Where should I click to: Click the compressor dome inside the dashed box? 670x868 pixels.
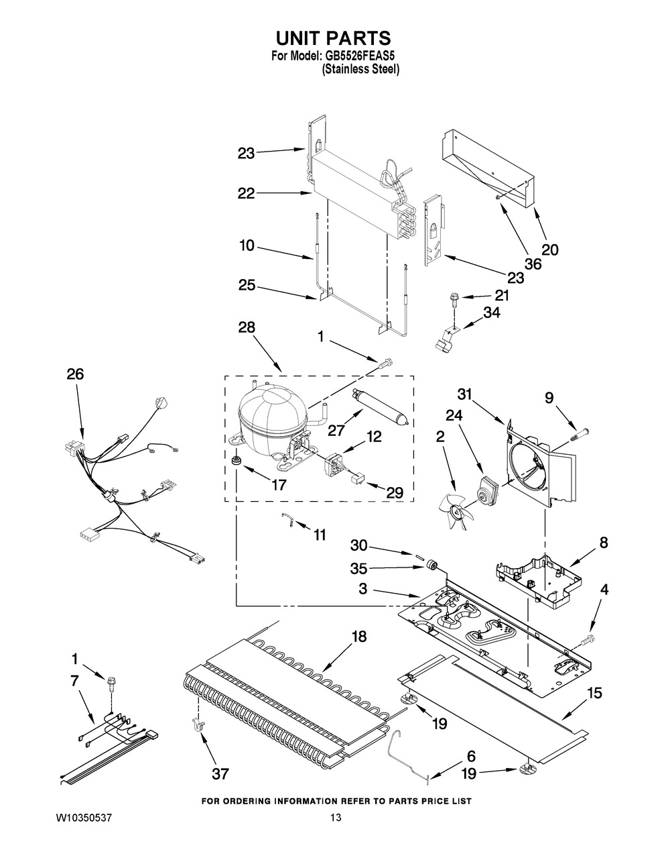(272, 417)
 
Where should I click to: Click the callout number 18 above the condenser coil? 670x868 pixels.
(359, 637)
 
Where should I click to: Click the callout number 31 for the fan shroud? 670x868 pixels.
(464, 394)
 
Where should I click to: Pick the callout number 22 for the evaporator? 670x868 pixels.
(247, 193)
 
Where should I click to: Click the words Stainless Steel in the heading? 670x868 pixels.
(360, 68)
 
